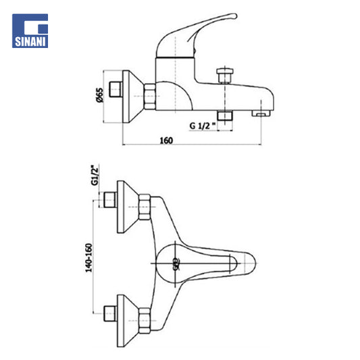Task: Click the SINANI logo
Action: click(30, 31)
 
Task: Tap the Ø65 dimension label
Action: click(100, 95)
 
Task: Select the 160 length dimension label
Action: click(166, 140)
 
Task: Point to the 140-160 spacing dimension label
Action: click(88, 258)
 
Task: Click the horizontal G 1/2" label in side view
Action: click(203, 126)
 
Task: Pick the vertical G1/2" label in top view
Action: click(95, 175)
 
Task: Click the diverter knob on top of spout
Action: click(225, 76)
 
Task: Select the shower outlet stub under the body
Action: click(225, 115)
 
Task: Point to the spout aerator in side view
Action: click(261, 113)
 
